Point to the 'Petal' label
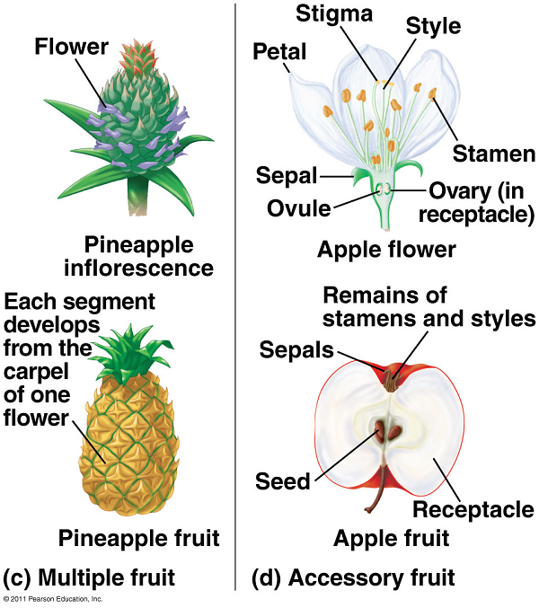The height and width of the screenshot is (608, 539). pos(279,52)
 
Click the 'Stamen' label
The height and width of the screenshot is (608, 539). pos(493,154)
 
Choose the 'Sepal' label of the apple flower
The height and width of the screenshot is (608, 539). pos(287,174)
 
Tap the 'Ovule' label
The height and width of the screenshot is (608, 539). pos(298,208)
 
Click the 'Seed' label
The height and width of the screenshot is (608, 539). pos(284,481)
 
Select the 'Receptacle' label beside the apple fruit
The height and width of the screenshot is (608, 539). pos(473,509)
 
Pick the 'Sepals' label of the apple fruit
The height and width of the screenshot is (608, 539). pos(298,349)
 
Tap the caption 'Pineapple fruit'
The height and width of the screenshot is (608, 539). pos(138,538)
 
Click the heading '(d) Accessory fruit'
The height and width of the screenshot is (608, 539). pos(355,576)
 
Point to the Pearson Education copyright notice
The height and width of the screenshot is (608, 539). pos(53,598)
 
